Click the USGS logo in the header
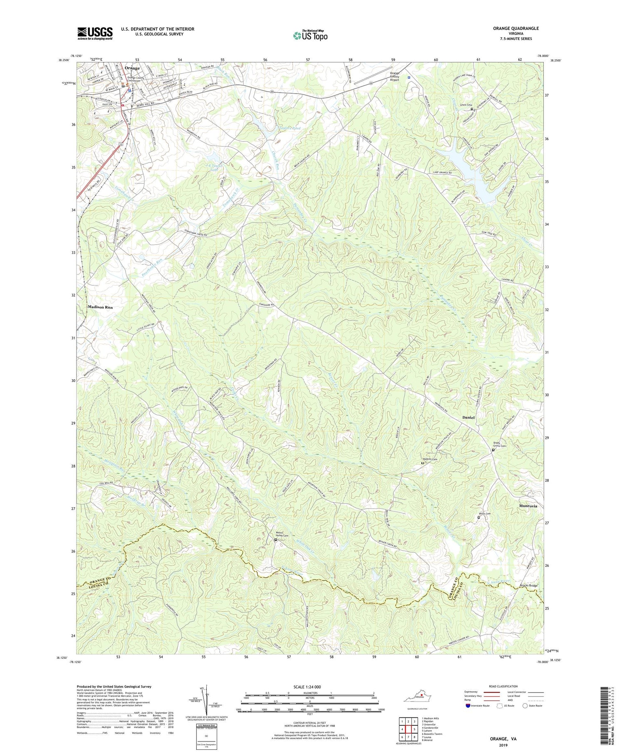[95, 33]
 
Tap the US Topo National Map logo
[310, 35]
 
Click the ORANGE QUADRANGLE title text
[516, 28]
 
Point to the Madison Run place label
[100, 307]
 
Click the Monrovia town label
[528, 506]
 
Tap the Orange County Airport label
[394, 77]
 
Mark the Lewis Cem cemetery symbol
[472, 109]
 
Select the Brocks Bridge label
[528, 586]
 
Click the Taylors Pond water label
[290, 129]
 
